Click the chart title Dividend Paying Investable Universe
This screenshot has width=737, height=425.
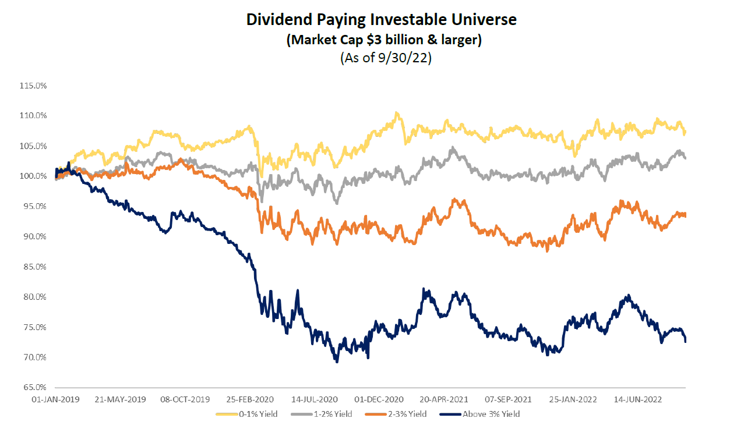tap(381, 20)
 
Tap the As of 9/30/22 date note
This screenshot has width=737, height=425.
tap(381, 59)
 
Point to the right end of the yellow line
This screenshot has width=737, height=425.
tap(685, 132)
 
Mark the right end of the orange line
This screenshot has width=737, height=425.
tap(685, 215)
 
